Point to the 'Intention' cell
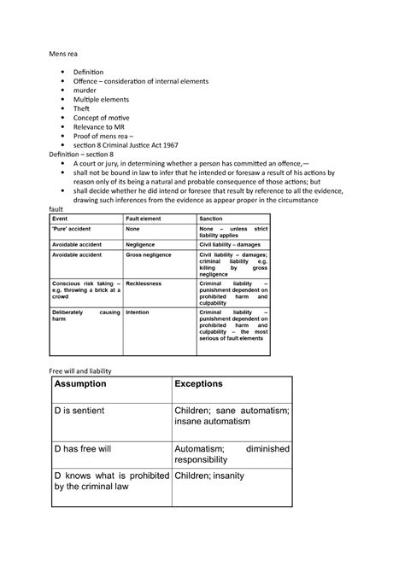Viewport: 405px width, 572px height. tap(138, 312)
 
